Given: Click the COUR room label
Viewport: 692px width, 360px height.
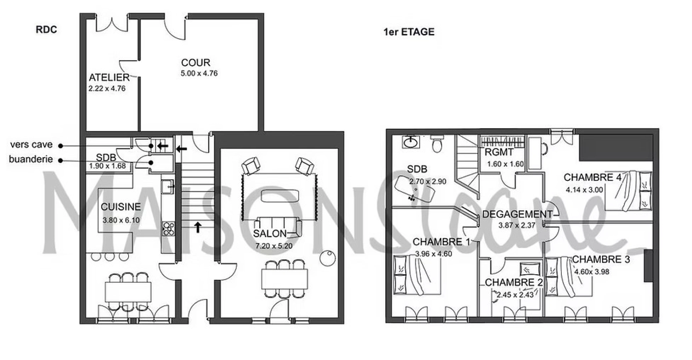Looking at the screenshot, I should coord(196,63).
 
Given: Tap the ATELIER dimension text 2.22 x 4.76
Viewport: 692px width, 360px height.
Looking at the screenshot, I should coord(107,89).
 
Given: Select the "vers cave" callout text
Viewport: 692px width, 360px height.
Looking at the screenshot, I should coord(31,145).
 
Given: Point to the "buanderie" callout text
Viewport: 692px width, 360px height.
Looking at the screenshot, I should coord(31,159).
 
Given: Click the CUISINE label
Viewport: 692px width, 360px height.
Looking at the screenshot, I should coord(121,207).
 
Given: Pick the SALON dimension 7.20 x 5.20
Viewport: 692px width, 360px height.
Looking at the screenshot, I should coord(274,246).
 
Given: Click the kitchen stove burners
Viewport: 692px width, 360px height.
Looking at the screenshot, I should coord(168,228).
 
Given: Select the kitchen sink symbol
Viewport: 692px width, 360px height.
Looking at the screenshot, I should coord(168,186).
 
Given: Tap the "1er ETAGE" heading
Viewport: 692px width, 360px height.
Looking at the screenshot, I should coord(409,32).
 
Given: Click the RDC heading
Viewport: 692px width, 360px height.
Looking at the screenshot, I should coord(46,30).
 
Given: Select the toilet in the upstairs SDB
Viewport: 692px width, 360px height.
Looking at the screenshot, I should coord(437,144).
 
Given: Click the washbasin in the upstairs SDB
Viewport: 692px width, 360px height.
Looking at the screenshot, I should coord(411,142).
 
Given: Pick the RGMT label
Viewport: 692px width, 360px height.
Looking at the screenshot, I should coord(499,152).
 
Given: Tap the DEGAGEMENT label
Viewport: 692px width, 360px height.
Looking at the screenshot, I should coord(517,214).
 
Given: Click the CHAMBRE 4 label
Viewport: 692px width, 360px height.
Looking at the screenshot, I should coord(592,177).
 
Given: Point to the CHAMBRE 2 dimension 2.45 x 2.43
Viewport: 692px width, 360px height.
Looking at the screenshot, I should coord(515,295).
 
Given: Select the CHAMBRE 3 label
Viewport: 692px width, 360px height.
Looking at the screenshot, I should coord(601,259).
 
